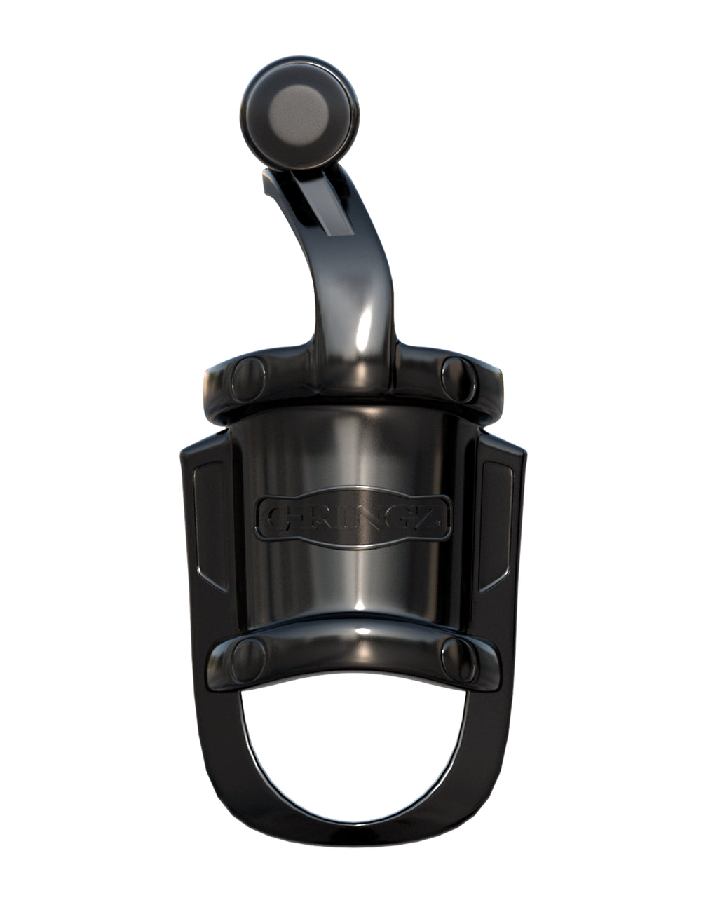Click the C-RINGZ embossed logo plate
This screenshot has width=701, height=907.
(354, 517)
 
